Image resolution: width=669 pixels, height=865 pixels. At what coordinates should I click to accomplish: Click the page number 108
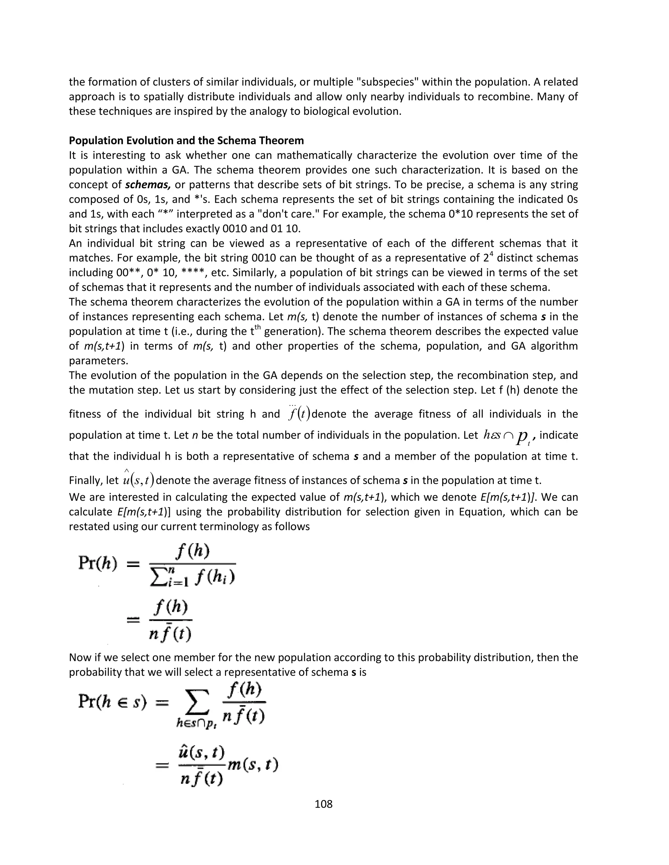click(x=323, y=804)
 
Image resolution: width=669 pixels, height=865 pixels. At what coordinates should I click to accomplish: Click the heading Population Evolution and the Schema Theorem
click(x=186, y=141)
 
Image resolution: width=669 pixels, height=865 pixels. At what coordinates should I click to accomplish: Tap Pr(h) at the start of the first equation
click(x=98, y=563)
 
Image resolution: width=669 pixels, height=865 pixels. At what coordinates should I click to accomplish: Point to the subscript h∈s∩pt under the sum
click(x=195, y=723)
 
